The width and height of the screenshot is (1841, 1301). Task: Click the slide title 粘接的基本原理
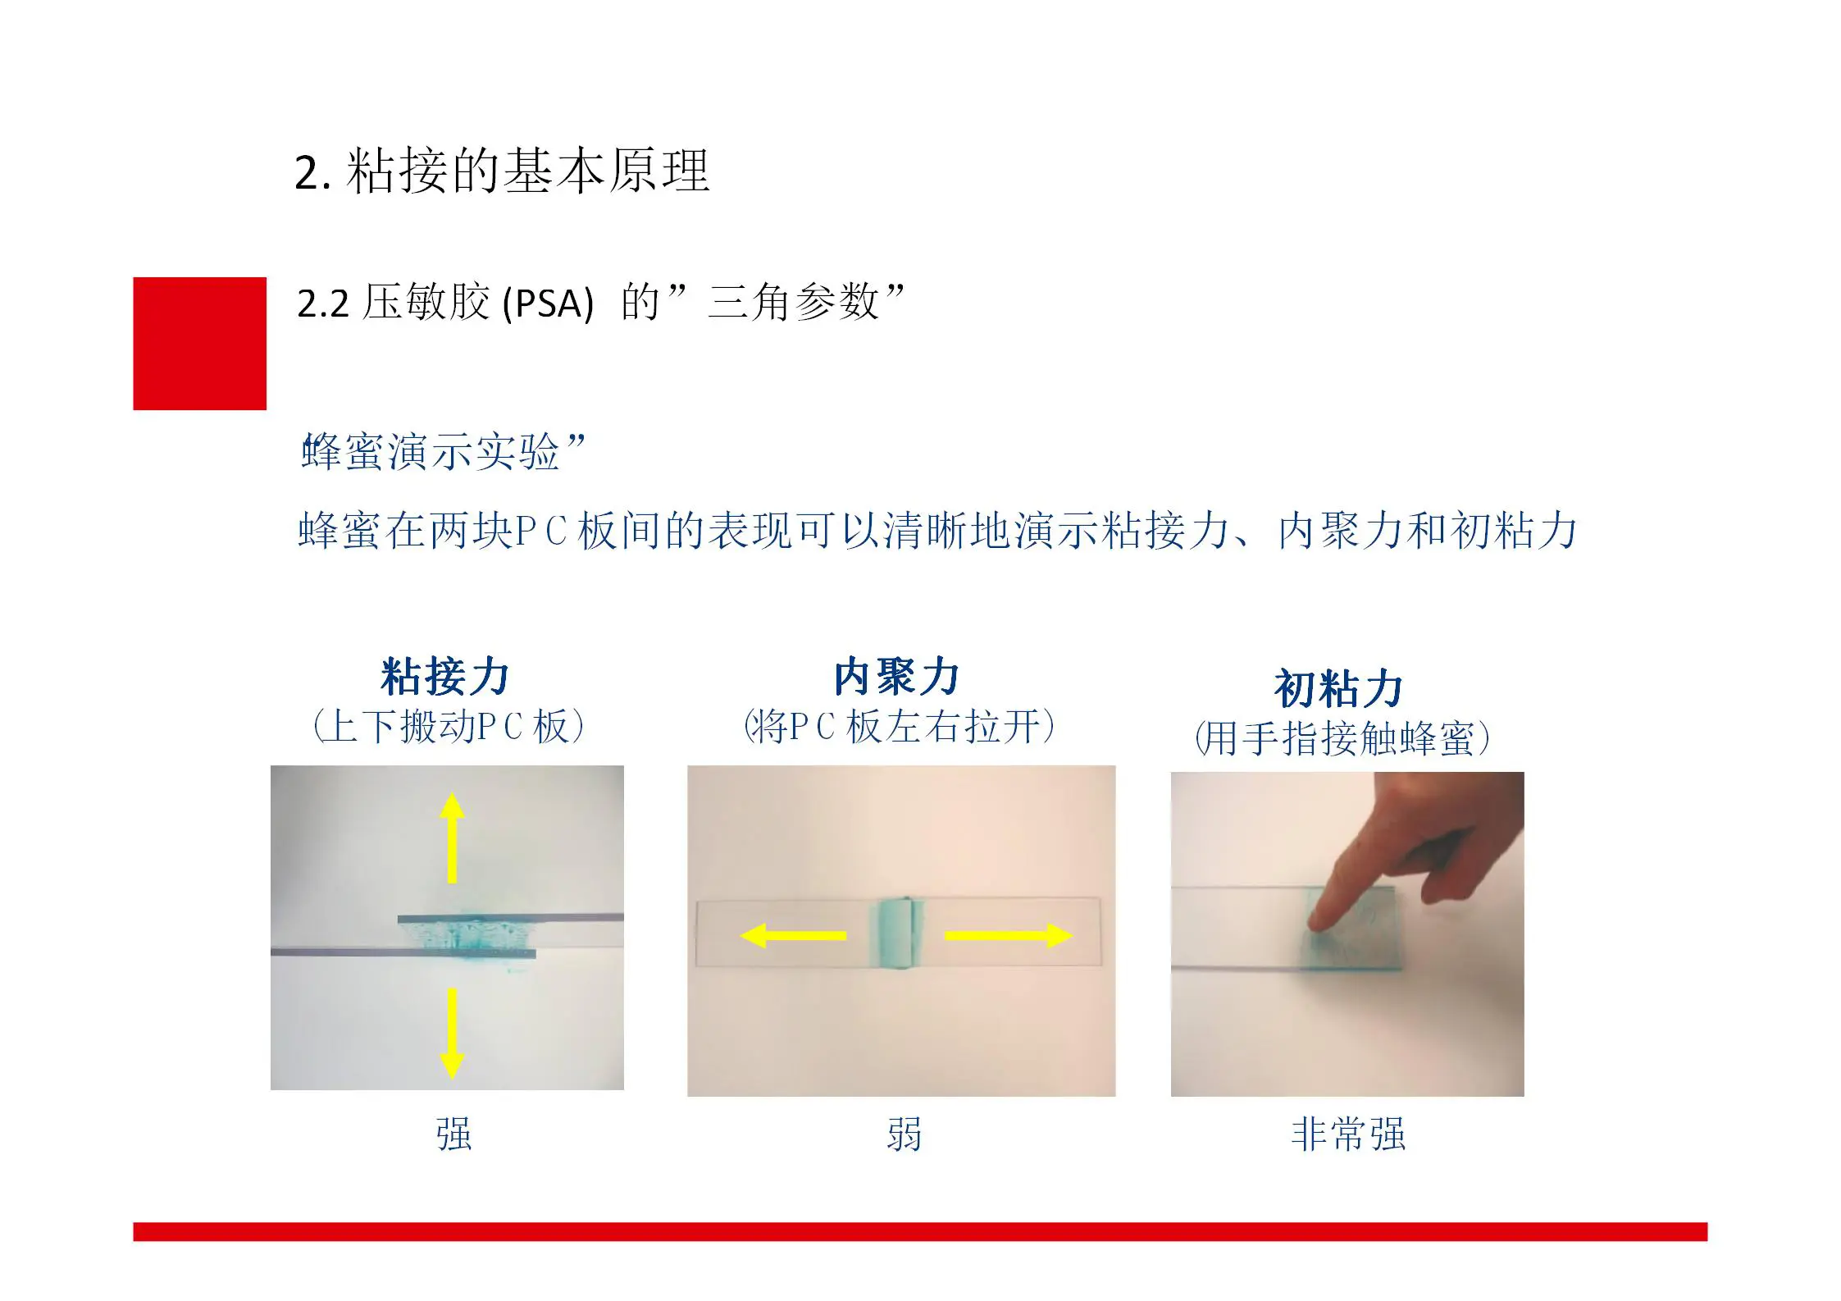[528, 171]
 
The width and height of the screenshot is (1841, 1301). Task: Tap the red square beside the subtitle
[200, 344]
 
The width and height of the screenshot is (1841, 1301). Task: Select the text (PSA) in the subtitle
[548, 304]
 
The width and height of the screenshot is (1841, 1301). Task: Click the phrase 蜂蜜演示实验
[431, 452]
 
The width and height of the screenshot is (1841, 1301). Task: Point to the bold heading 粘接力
[445, 677]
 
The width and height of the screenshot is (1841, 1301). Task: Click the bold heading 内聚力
[897, 677]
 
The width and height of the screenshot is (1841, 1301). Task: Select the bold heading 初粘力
[1339, 688]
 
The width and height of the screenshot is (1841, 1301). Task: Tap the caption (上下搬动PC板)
[449, 727]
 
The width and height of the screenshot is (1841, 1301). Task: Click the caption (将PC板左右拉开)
[899, 727]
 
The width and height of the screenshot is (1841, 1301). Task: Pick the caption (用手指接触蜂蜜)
[1342, 738]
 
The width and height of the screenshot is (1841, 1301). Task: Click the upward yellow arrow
[452, 838]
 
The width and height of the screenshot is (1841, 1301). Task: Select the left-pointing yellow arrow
[793, 935]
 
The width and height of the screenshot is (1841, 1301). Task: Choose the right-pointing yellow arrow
[1009, 935]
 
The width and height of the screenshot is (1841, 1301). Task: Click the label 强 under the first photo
[453, 1134]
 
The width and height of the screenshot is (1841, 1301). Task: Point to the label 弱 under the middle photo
[904, 1134]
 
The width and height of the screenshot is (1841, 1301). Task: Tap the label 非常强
[1348, 1134]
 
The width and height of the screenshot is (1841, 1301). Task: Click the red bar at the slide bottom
[920, 1231]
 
